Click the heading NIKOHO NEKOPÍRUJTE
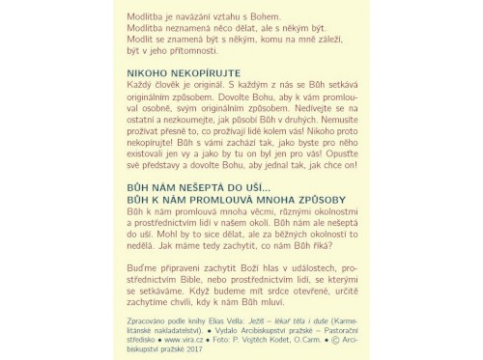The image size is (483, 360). click(184, 72)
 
